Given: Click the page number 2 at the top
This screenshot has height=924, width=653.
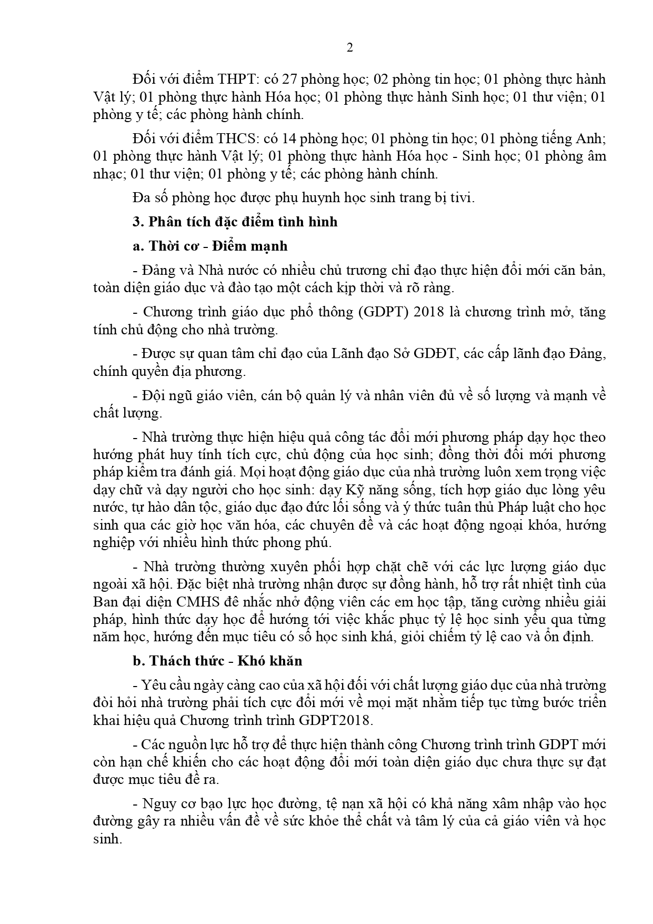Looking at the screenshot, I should click(350, 48).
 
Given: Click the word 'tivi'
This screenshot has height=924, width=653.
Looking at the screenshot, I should click(463, 198).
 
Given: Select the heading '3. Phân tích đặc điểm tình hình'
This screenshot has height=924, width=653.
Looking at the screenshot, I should click(235, 222).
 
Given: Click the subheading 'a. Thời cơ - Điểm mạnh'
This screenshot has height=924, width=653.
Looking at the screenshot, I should click(210, 246).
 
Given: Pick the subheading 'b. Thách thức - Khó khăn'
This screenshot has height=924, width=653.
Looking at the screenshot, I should click(217, 661).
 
